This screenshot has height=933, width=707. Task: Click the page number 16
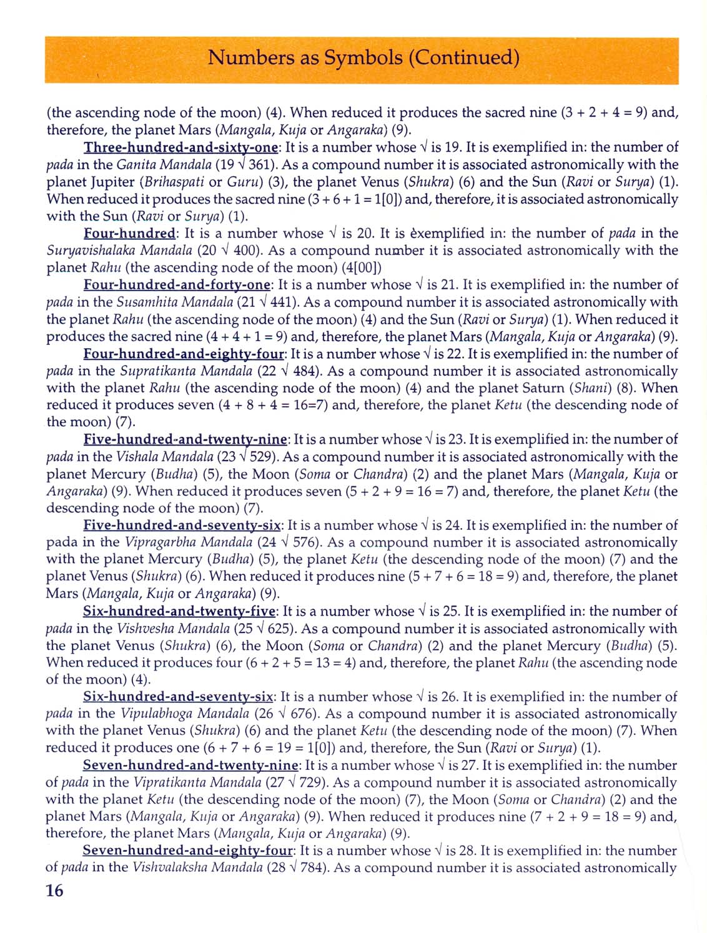tap(55, 891)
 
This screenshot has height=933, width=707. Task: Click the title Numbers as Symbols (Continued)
tap(363, 57)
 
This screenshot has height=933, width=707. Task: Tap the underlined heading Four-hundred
tap(130, 234)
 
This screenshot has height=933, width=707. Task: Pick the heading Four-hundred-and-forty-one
tap(177, 285)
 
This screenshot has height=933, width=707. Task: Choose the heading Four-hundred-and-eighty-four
tap(184, 354)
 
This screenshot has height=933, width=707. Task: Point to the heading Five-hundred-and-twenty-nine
tap(185, 440)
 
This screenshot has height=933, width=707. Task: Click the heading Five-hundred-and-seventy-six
tap(182, 526)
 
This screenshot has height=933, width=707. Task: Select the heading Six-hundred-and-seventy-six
tap(178, 697)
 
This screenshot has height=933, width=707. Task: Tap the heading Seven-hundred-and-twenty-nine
tap(190, 766)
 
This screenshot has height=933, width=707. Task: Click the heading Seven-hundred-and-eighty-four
tap(187, 851)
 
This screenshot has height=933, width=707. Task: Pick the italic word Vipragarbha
tap(161, 542)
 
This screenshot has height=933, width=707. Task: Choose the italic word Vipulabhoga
tap(159, 714)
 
